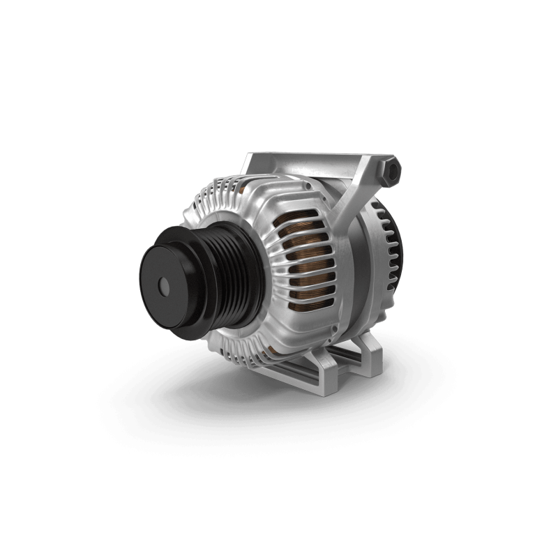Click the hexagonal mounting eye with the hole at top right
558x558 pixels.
coord(392,170)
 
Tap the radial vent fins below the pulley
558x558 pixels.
coord(237,349)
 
